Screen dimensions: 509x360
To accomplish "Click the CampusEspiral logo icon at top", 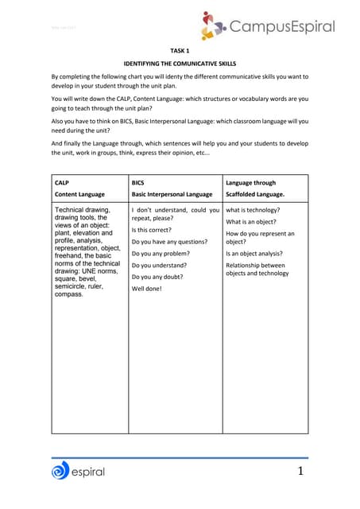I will point(214,25).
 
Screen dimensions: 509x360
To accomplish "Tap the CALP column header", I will point(62,182).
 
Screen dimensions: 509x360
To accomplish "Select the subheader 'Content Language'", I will point(79,194).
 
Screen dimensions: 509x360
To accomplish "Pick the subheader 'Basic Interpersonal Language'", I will point(172,194).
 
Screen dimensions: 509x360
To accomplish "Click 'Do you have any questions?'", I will point(169,241).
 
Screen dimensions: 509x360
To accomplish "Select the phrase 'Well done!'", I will point(147,289).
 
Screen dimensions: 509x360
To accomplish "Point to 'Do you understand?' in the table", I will point(159,265).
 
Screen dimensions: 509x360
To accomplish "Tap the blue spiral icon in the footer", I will point(61,472).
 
